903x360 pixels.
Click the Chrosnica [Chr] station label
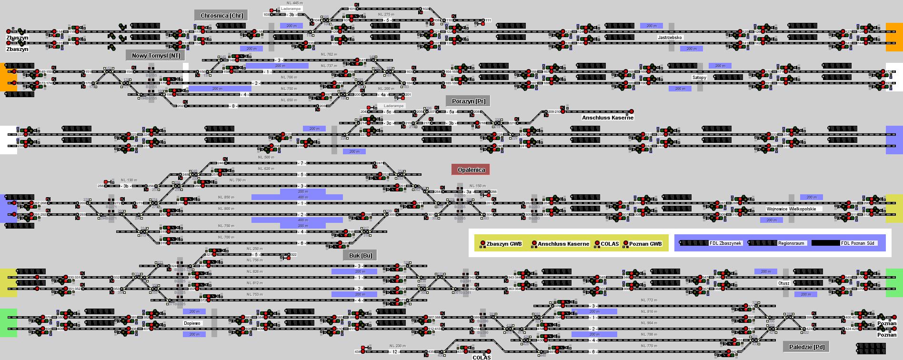tap(221, 16)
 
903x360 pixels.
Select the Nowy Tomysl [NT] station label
tap(156, 56)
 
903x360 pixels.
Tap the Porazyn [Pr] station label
tap(468, 101)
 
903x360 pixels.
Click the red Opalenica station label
tap(471, 170)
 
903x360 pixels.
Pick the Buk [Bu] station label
tap(361, 256)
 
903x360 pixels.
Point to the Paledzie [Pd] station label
tap(806, 347)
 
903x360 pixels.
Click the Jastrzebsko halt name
tap(670, 37)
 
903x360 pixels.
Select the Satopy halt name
tap(699, 77)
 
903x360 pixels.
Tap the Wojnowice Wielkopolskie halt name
tap(791, 209)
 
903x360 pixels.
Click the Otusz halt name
tap(783, 283)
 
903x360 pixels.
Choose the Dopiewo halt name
tap(192, 323)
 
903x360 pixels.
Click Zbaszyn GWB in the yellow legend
tap(504, 244)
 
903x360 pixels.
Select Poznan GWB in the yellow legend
tap(645, 244)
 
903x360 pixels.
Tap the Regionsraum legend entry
tap(791, 243)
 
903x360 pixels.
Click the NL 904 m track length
tap(649, 323)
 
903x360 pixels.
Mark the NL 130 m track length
tap(129, 180)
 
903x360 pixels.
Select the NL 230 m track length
tap(397, 346)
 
